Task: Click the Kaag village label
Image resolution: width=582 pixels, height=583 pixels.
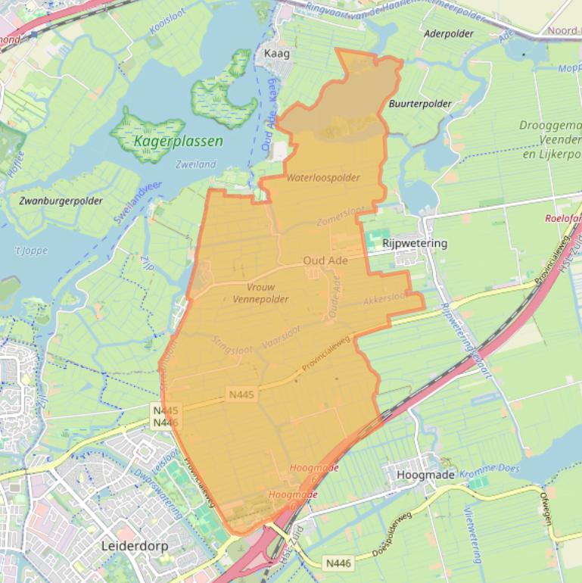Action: [276, 54]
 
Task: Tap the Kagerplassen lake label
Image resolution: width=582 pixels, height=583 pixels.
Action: [178, 141]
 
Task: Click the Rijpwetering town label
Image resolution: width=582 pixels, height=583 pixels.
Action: [415, 243]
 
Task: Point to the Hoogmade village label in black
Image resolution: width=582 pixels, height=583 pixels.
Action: [425, 475]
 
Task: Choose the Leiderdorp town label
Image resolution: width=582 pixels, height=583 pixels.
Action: [134, 545]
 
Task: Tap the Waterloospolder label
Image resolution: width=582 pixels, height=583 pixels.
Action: [323, 178]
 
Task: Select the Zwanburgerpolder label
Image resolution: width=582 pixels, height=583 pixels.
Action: [61, 201]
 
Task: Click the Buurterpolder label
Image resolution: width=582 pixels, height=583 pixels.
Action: [420, 104]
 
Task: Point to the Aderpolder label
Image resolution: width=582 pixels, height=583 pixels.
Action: [449, 33]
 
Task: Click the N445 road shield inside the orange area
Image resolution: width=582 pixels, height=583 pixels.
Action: [241, 394]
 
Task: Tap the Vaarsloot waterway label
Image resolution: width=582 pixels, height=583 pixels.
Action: [281, 338]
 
